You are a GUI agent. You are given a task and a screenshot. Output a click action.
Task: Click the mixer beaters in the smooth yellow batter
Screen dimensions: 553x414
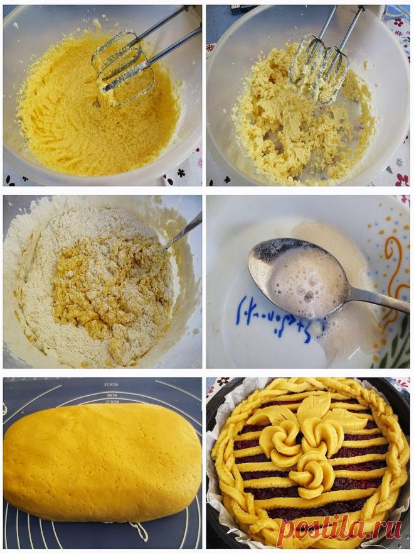122,63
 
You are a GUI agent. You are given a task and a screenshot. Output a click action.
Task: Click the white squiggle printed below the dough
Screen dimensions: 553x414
139,531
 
